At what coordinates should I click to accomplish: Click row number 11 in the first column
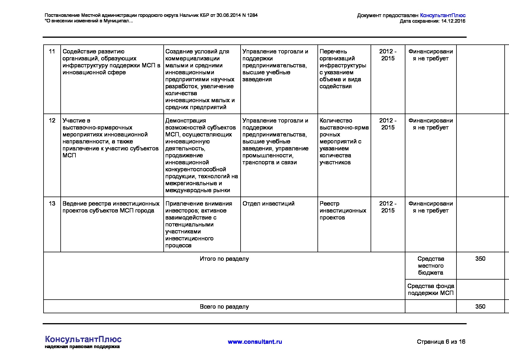coord(52,52)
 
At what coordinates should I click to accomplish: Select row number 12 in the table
coord(52,121)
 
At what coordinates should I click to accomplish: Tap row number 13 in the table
coord(52,204)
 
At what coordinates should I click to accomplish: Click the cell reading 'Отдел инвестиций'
coord(268,204)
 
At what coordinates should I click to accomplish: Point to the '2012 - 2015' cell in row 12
coord(388,124)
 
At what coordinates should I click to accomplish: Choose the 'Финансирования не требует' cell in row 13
coord(430,207)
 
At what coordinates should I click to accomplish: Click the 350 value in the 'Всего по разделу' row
coord(480,307)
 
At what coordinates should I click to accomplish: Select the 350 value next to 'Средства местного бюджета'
coord(480,259)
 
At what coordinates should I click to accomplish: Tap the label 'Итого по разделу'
coord(224,259)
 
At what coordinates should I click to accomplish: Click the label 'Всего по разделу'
coord(224,307)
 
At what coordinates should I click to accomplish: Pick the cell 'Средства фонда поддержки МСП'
coord(430,289)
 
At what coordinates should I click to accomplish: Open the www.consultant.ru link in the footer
coord(255,342)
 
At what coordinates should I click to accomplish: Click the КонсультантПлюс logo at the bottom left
coord(83,339)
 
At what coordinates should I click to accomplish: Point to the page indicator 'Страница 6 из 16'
coord(441,342)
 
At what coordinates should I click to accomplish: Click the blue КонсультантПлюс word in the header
coord(443,15)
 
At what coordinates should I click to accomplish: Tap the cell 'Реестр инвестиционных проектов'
coord(343,210)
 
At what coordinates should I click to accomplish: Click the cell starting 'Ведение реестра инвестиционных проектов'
coord(111,207)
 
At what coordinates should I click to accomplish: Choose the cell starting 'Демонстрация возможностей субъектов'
coord(201,155)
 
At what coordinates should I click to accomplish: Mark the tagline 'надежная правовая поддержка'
coord(82,347)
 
